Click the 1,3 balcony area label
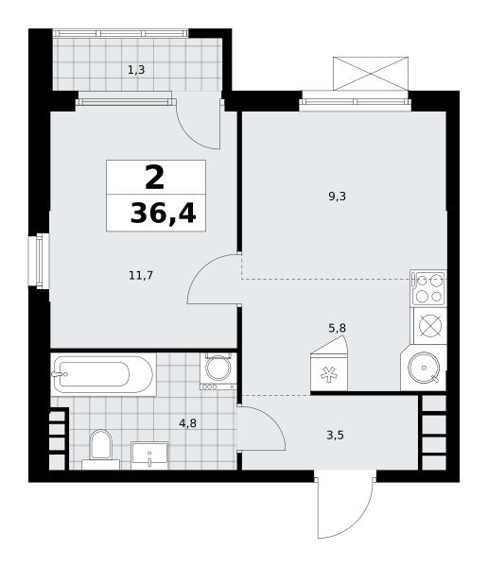[136, 70]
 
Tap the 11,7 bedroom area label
[141, 276]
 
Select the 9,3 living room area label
[337, 197]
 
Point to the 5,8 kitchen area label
[337, 328]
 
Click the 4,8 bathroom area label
[188, 422]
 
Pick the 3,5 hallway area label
[335, 435]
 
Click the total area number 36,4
[164, 213]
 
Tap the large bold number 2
[154, 177]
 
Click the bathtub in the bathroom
[103, 374]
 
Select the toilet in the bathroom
[100, 449]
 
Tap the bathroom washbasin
[149, 455]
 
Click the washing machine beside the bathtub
[218, 371]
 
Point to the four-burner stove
[429, 288]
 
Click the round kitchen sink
[424, 368]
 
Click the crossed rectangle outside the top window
[371, 74]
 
